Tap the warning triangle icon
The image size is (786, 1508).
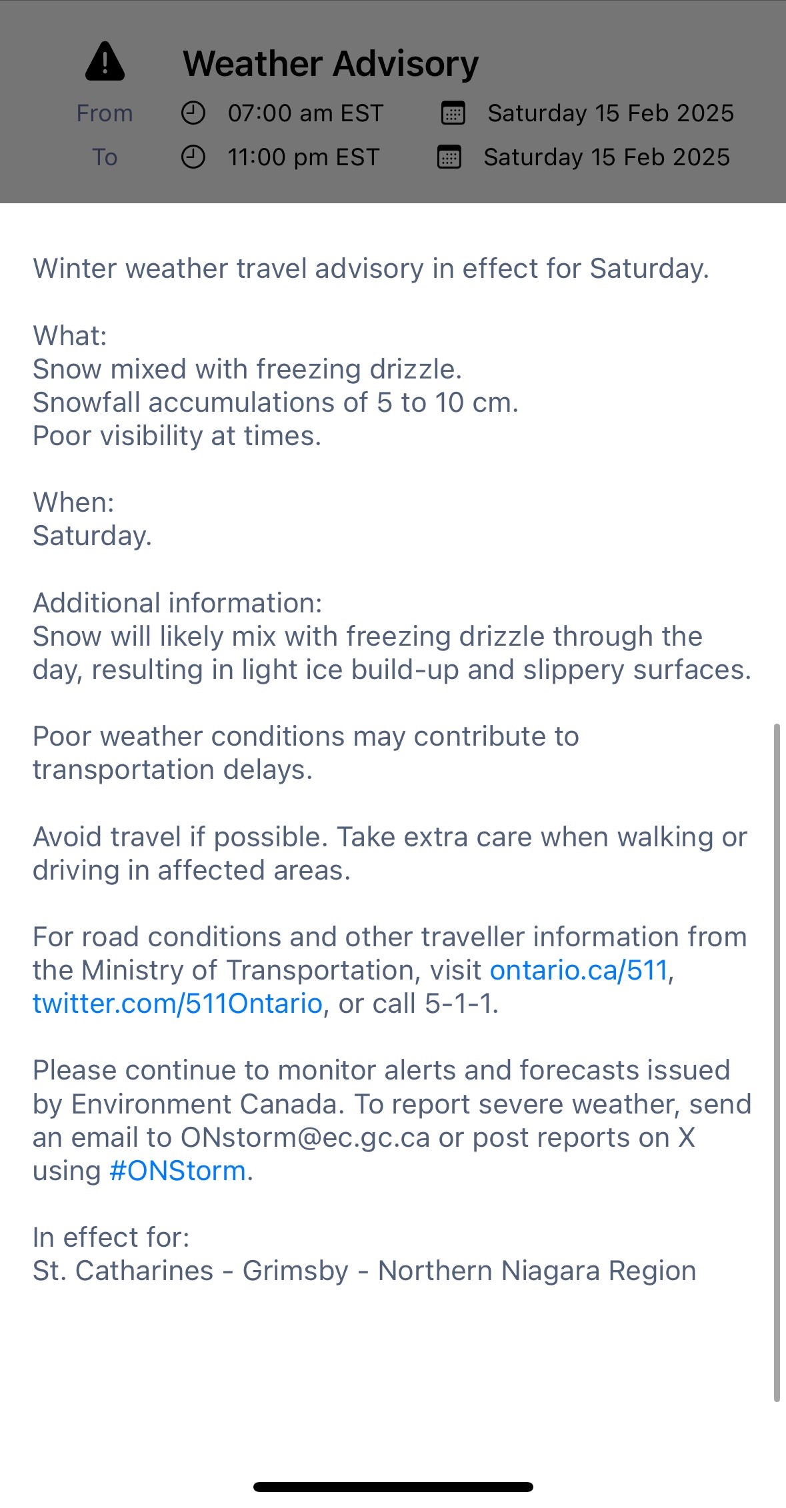(x=105, y=61)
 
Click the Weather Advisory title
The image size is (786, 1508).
(x=331, y=64)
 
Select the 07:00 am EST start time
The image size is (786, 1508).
(x=305, y=113)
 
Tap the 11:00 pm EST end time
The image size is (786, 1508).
(x=303, y=157)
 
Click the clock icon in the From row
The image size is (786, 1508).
(x=193, y=113)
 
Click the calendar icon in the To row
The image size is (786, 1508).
(x=449, y=157)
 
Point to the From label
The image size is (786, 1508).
(x=105, y=113)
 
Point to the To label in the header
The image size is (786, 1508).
(x=105, y=157)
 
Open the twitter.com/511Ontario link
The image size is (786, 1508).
(x=177, y=1004)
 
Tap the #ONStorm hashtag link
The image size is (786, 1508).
(x=177, y=1171)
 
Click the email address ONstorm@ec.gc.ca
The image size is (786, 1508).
(x=305, y=1137)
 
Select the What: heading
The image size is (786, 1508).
(x=70, y=336)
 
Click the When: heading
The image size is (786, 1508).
(x=73, y=502)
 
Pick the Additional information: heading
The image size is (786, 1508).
(x=177, y=603)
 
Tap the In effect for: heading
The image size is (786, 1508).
(x=111, y=1237)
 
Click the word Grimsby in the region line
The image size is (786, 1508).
(x=295, y=1271)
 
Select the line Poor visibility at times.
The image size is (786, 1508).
(x=177, y=436)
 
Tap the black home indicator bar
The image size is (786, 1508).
(x=393, y=1487)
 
